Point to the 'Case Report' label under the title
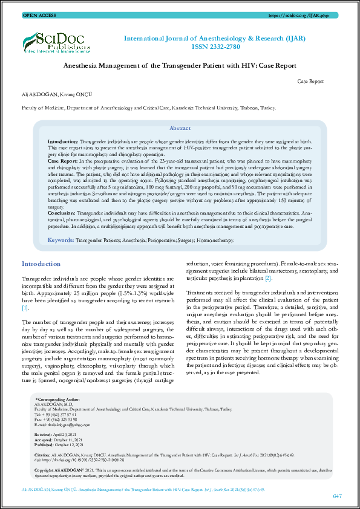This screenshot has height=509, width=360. coord(311,80)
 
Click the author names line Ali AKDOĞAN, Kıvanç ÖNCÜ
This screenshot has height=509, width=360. coord(48,95)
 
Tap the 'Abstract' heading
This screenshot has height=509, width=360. coord(180,128)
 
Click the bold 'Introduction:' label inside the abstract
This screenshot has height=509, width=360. coord(62,140)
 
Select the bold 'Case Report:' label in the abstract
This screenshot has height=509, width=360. coord(62,162)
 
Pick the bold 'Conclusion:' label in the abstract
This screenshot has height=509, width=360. coord(62,214)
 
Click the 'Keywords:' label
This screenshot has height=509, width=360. coord(61,240)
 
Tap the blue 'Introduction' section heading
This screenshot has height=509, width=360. coord(41,264)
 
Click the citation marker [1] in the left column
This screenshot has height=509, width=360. coord(25,308)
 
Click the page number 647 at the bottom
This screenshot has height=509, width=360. coord(337,496)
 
